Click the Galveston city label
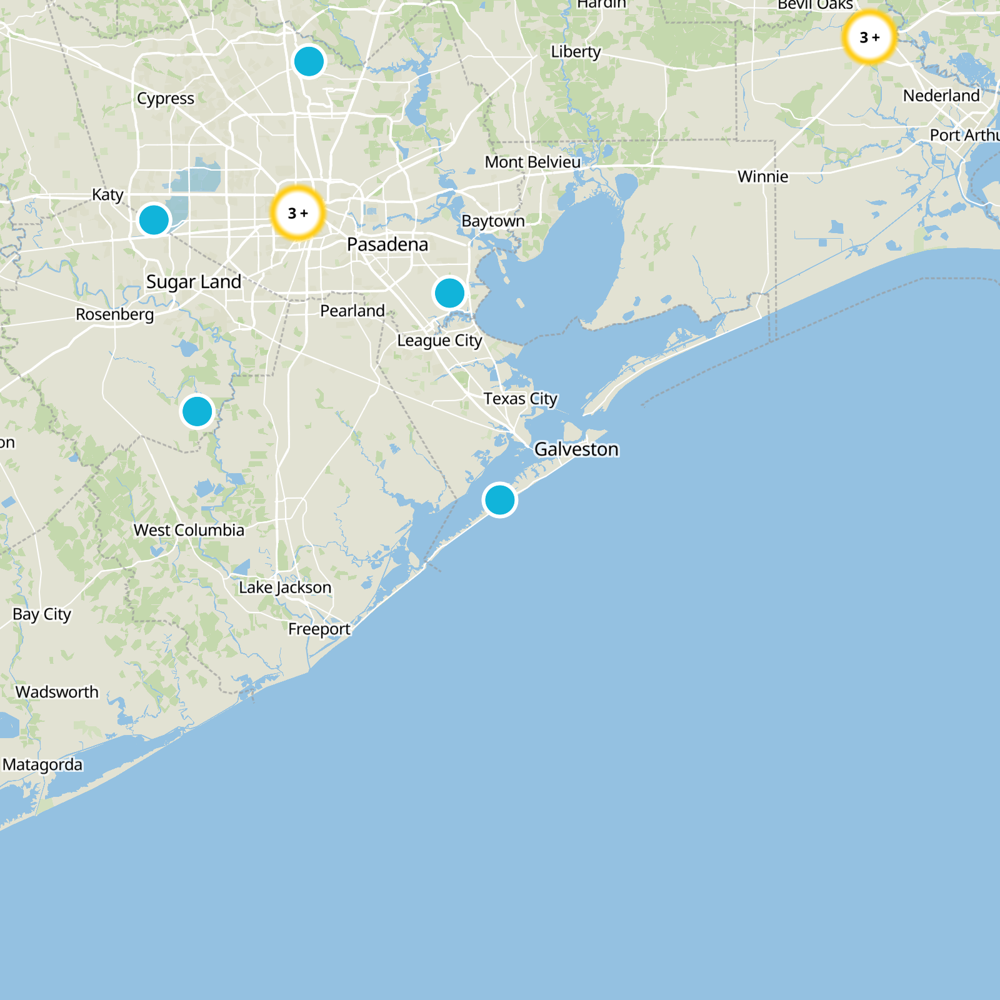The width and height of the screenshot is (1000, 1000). [576, 449]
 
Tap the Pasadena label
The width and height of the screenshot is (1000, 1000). [387, 244]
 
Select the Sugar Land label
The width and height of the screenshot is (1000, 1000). [194, 282]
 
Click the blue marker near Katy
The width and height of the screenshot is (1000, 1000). [154, 220]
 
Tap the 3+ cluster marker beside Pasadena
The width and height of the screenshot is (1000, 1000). [298, 213]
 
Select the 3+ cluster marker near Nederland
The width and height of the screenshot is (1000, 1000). [869, 37]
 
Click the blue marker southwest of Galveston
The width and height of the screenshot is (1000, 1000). [500, 500]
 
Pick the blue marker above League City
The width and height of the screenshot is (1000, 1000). [449, 293]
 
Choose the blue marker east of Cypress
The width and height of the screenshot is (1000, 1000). [309, 62]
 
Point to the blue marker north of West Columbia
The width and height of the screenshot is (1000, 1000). [197, 412]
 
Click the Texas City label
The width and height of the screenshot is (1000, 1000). [520, 399]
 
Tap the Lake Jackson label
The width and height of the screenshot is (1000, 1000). [285, 587]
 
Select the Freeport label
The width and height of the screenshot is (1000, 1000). [319, 629]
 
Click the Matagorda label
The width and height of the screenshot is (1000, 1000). [42, 764]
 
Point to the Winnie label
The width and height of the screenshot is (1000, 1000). [762, 177]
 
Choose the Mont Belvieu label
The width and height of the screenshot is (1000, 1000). [532, 162]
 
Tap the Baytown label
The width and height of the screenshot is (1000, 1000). [493, 221]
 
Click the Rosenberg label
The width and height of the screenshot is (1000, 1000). [115, 314]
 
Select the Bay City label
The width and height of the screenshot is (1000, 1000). [42, 614]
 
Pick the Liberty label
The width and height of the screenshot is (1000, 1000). [576, 52]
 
